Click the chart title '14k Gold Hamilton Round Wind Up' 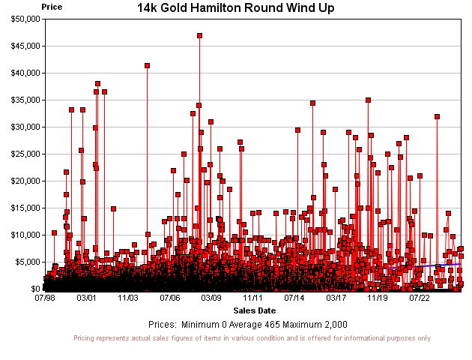(x=236, y=7)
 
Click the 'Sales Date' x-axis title (x=254, y=310)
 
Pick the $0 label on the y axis (x=34, y=289)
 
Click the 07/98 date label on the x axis (x=45, y=298)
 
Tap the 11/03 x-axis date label (x=128, y=298)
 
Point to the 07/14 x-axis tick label (x=294, y=298)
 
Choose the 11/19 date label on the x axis (x=378, y=298)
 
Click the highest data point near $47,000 (x=199, y=35)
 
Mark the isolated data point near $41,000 (x=147, y=65)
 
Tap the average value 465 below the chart (x=267, y=325)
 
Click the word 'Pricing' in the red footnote (x=88, y=338)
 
